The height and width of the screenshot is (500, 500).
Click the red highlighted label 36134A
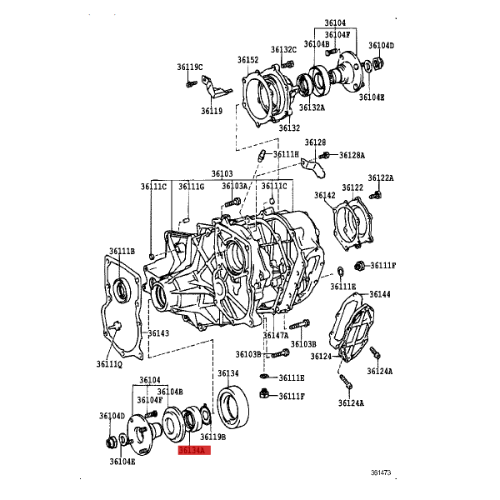click(194, 450)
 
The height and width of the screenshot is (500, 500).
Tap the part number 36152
click(247, 60)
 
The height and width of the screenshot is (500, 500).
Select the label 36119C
click(190, 67)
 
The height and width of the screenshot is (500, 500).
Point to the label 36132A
click(312, 107)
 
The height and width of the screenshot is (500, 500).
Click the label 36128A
click(352, 155)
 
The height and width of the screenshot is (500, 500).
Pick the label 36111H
click(287, 154)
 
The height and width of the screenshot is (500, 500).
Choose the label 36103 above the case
click(222, 174)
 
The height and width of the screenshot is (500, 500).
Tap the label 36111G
click(192, 187)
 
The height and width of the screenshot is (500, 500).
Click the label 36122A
click(381, 178)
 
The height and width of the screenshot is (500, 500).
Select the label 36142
click(325, 195)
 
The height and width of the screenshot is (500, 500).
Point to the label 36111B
click(122, 252)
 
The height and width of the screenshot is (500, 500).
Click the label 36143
click(159, 333)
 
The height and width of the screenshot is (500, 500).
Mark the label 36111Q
click(109, 364)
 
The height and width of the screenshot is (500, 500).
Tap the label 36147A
click(276, 336)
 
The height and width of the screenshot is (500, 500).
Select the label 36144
click(380, 294)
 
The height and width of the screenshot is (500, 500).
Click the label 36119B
click(213, 437)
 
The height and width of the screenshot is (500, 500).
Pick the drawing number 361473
click(381, 472)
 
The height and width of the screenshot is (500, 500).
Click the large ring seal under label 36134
click(233, 407)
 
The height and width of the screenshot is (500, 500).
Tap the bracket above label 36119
click(215, 86)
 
